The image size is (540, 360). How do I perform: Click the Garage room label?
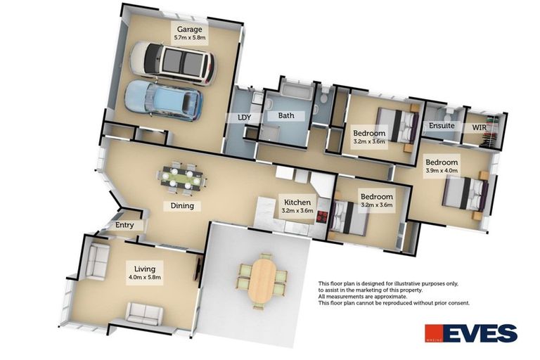(x=189, y=30)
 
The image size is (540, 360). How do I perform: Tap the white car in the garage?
(x=172, y=63)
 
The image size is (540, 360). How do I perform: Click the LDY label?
(x=245, y=117)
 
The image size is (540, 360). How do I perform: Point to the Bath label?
(x=286, y=115)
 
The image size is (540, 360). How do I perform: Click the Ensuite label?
(x=442, y=126)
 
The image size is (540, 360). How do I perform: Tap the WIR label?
(x=479, y=127)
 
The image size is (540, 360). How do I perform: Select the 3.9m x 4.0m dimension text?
(x=442, y=170)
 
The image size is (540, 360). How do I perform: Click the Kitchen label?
(x=297, y=202)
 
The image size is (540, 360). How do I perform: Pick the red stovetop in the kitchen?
(x=322, y=217)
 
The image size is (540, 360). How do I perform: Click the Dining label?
(x=182, y=206)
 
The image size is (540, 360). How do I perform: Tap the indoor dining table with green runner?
(x=182, y=179)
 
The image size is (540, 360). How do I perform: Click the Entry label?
(x=124, y=225)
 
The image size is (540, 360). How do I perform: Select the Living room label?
(x=145, y=269)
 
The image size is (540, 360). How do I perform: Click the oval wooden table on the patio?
(x=262, y=281)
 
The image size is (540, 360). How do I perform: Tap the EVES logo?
(x=471, y=333)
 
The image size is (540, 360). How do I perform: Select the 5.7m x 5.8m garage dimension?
(x=190, y=37)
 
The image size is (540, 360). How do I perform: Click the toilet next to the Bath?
(x=323, y=99)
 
